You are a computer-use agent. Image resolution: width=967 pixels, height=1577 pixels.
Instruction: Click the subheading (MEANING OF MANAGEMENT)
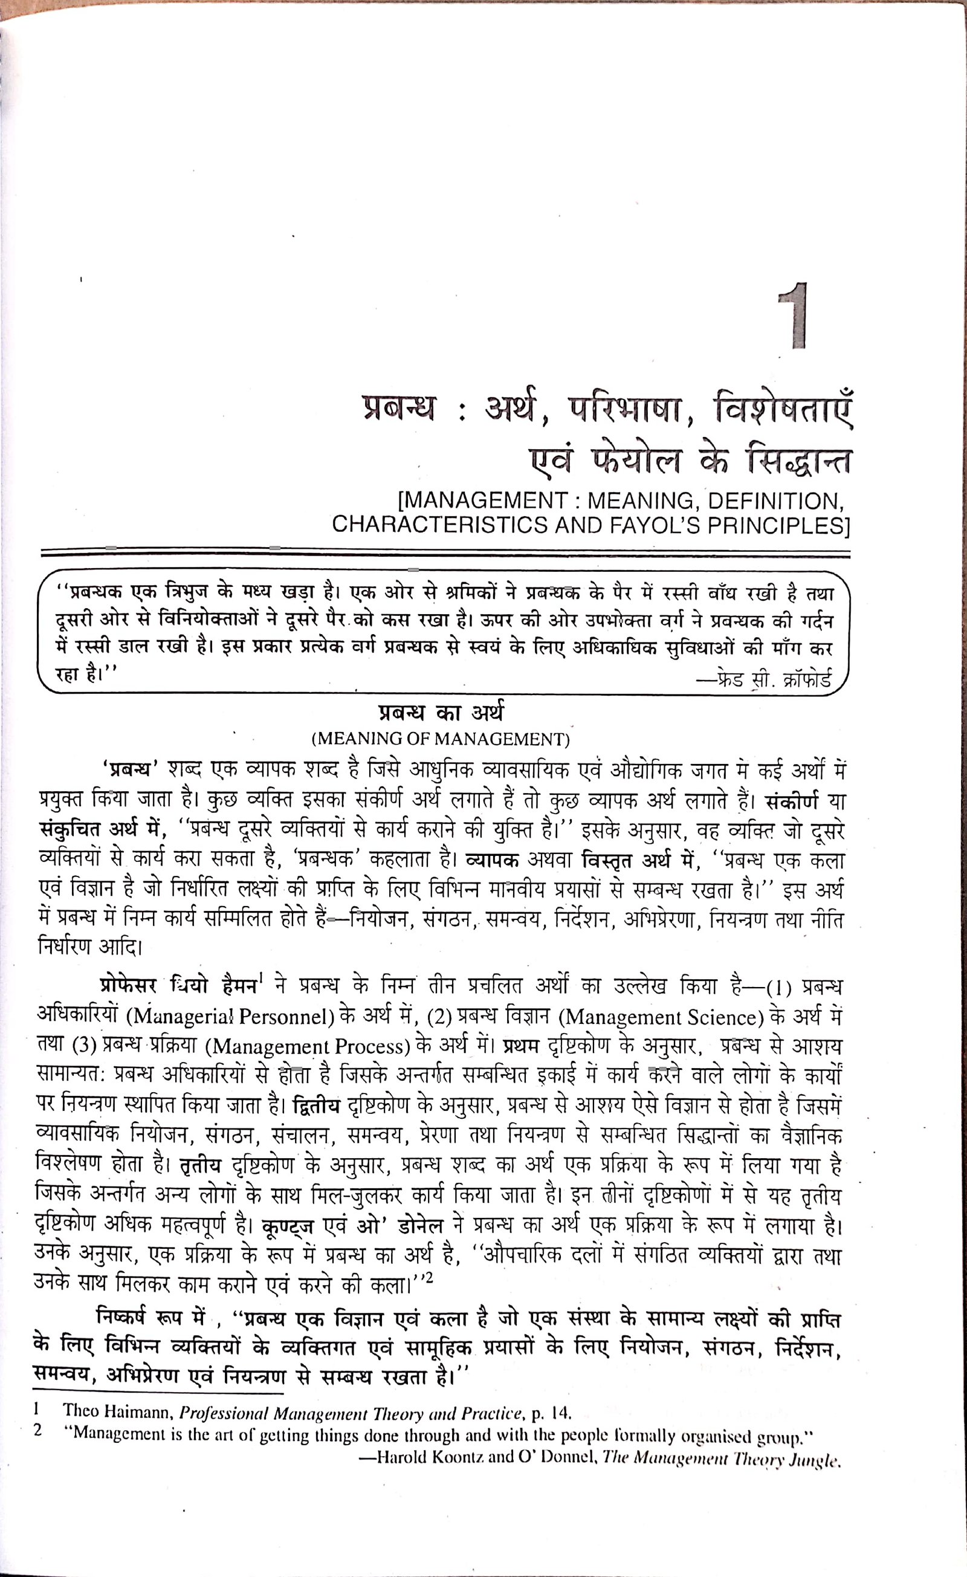point(441,740)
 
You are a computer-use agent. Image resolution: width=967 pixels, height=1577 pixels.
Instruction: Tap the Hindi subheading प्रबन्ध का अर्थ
point(441,713)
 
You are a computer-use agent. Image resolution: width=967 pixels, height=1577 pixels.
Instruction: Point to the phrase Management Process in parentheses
point(310,1046)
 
